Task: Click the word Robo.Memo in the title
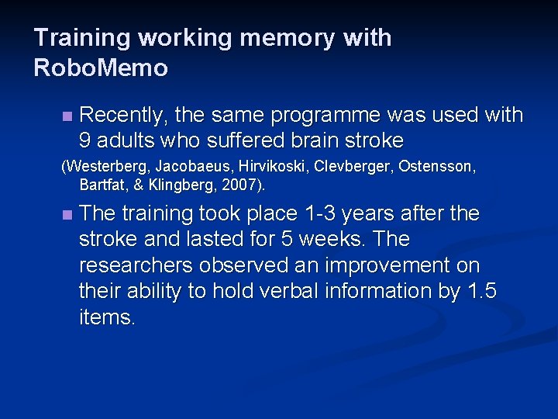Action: pos(101,68)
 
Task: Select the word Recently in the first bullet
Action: pos(123,116)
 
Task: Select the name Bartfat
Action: pos(102,185)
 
